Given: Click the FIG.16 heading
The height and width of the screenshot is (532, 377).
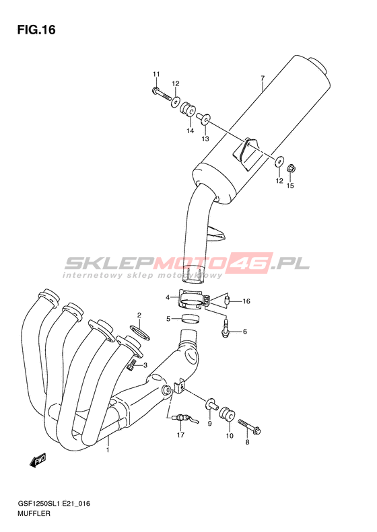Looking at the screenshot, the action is [x=36, y=30].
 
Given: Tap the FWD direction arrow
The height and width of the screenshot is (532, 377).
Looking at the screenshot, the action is [x=38, y=460].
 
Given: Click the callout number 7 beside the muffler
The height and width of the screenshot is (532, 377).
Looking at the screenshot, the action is [x=262, y=79].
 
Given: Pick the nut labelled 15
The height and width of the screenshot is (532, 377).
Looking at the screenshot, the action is [x=291, y=167].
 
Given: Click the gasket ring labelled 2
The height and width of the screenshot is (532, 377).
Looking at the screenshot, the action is [x=139, y=331].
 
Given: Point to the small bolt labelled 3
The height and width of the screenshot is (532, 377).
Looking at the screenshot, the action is [x=132, y=366].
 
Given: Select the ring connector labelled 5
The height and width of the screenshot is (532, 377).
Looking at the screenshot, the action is [x=190, y=319].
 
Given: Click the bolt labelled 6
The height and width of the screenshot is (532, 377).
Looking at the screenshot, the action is [x=224, y=327].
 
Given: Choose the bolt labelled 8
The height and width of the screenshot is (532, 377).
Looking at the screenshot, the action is [x=249, y=426].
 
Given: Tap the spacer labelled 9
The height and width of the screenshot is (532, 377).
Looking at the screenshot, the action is [x=211, y=404].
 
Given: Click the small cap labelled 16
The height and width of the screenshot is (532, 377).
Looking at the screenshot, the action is [x=228, y=300].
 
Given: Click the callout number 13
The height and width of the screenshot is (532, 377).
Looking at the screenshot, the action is [x=205, y=139].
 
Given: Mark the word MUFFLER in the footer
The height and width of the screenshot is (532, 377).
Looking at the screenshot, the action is [x=34, y=513].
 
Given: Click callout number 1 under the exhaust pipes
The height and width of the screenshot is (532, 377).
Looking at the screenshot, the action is [x=108, y=450].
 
